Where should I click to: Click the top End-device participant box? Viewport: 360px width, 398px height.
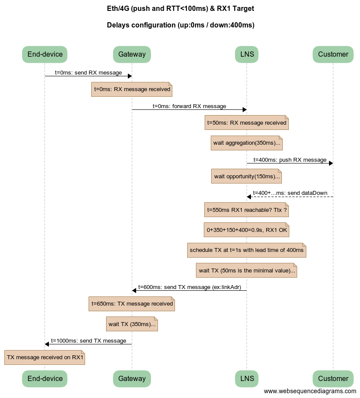[45, 54]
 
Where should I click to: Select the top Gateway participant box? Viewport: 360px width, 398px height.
[132, 54]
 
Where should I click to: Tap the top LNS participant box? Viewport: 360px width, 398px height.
[247, 54]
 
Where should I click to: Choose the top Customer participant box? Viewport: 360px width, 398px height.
[333, 54]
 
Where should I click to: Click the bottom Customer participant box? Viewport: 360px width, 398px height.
[333, 378]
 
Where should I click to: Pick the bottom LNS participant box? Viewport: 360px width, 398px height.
[247, 378]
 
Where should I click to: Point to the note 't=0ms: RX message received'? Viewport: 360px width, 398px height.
[132, 89]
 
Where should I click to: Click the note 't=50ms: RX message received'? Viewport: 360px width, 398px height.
[247, 122]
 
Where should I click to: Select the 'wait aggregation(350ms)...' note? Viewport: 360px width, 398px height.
[247, 143]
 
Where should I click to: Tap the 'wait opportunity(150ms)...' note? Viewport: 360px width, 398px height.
[247, 176]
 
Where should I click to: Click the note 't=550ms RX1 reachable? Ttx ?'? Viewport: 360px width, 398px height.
[247, 210]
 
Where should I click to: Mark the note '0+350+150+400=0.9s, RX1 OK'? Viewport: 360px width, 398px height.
[247, 230]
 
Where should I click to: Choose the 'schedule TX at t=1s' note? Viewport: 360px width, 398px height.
[247, 250]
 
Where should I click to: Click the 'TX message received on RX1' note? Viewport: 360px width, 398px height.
[45, 357]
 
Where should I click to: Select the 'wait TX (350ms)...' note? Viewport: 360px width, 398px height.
[132, 324]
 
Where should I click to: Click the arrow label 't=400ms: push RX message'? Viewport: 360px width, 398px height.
[290, 160]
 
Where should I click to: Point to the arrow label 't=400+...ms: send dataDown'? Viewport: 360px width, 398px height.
[290, 193]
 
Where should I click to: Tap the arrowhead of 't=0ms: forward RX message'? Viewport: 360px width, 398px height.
[244, 109]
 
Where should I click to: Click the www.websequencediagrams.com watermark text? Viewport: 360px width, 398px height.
[310, 391]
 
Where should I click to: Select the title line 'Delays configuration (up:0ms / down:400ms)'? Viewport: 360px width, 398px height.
[180, 25]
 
